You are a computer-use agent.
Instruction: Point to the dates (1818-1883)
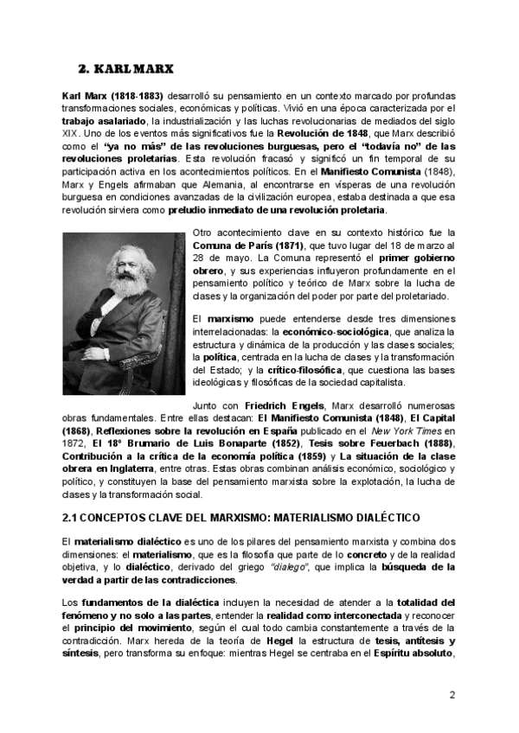(x=136, y=94)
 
